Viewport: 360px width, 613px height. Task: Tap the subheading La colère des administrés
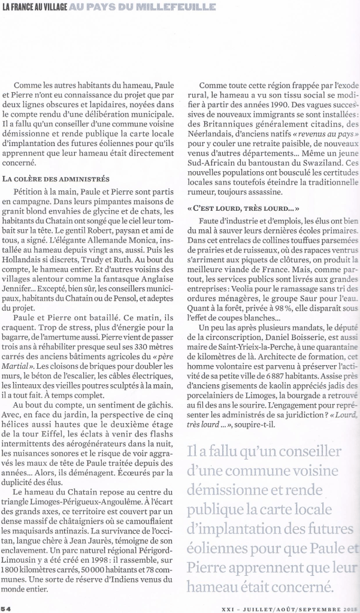(x=56, y=178)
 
